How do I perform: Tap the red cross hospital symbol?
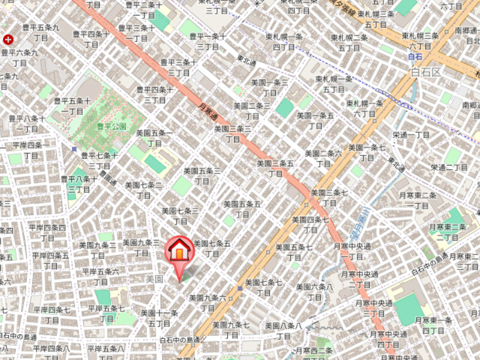8,40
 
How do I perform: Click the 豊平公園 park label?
112,127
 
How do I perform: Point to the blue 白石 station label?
415,57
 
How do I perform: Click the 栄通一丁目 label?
412,135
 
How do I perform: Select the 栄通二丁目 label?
449,167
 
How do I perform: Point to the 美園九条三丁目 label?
141,247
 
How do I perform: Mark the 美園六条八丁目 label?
314,292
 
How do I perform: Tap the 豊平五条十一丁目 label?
73,106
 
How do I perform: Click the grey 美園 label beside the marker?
155,279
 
